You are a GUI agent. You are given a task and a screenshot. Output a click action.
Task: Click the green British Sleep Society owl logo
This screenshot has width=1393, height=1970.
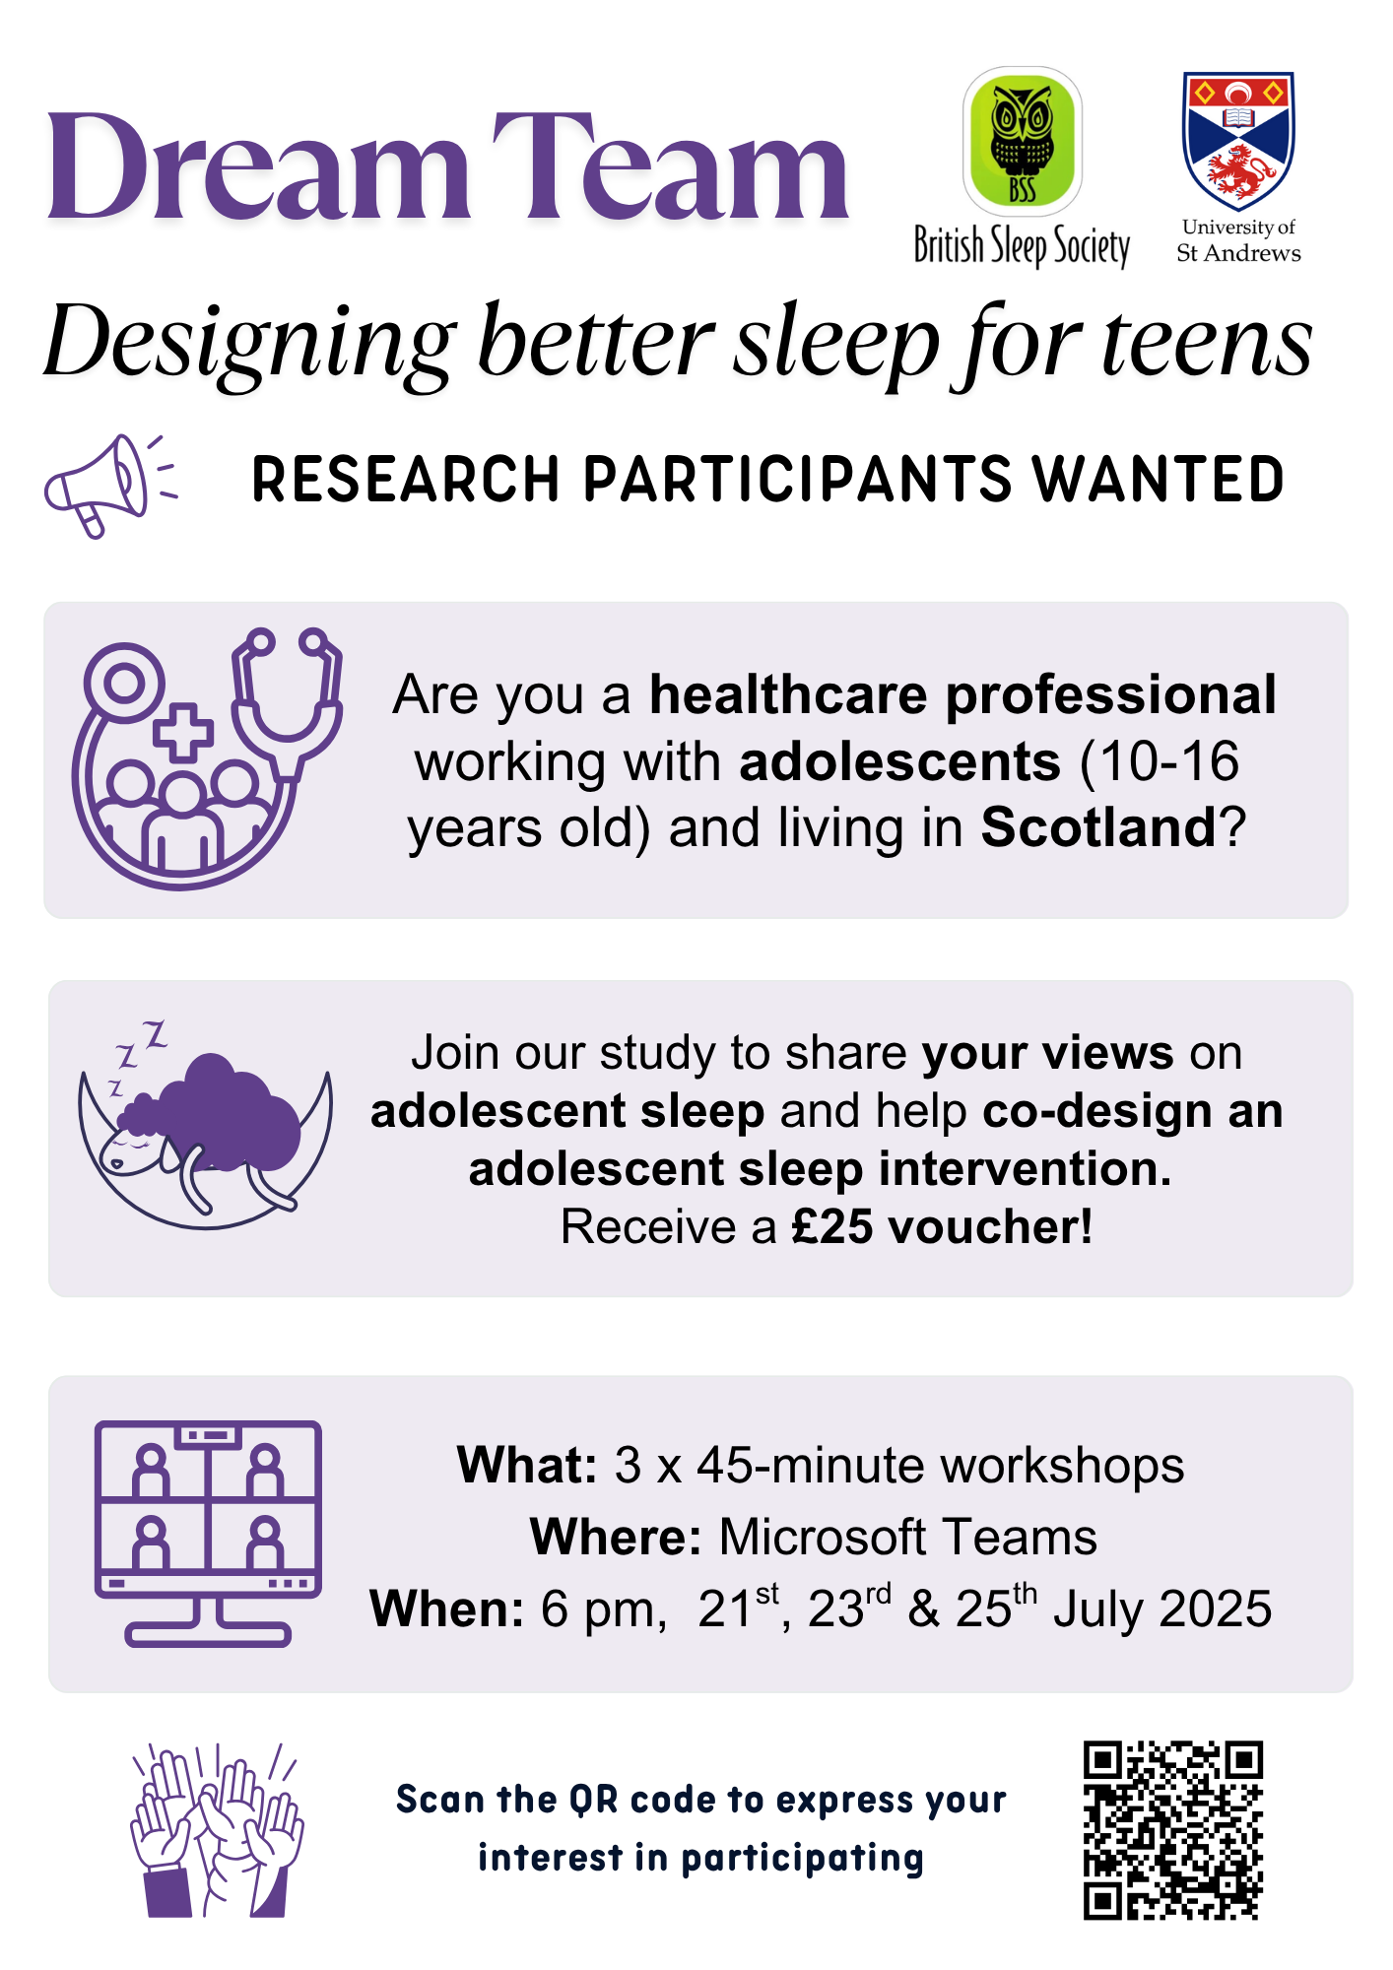click(x=1022, y=141)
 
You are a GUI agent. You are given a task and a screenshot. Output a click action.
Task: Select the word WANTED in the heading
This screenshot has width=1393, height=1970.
click(x=1159, y=480)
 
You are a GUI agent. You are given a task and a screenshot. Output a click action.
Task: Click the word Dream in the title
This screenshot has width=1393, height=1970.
click(x=258, y=167)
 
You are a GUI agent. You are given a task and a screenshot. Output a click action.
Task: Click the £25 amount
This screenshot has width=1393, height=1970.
click(x=832, y=1227)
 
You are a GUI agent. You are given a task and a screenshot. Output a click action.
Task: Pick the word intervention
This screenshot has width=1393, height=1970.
click(x=1026, y=1169)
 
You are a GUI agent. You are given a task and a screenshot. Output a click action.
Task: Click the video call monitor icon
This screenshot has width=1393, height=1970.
click(x=208, y=1534)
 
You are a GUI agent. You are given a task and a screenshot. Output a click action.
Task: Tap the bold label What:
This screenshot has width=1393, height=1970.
click(x=527, y=1465)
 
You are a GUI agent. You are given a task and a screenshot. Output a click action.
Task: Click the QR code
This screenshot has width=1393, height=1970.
click(x=1173, y=1830)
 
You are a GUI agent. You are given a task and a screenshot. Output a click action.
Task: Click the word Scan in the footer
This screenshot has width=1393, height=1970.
click(x=439, y=1800)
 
